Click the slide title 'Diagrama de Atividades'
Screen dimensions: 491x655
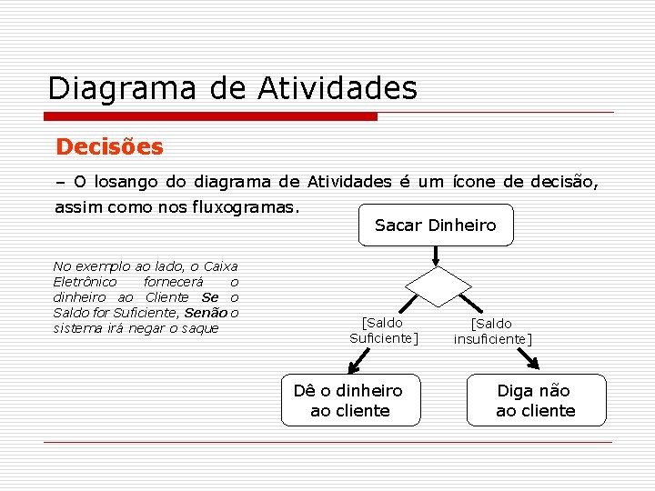(x=232, y=89)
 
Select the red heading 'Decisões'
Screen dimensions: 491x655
(x=109, y=146)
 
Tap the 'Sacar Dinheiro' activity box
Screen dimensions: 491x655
(x=435, y=225)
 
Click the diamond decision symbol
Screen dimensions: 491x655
(x=438, y=287)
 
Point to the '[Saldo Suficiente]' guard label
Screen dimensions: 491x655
(x=383, y=330)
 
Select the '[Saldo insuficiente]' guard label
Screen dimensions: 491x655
(x=492, y=331)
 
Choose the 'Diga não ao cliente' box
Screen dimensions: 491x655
(x=536, y=400)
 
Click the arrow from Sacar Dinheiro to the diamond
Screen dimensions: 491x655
(x=438, y=256)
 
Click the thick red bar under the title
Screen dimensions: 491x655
(x=211, y=116)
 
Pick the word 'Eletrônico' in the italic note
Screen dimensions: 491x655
(x=85, y=282)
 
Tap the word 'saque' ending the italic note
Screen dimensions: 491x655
(x=200, y=328)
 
